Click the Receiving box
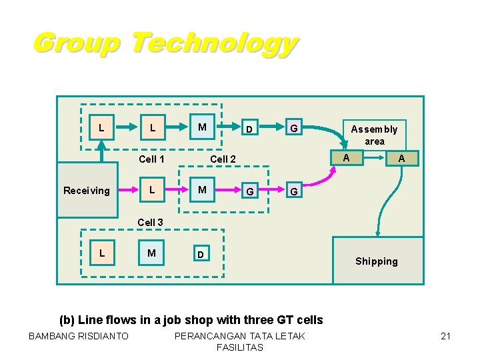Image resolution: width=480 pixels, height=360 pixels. (86, 191)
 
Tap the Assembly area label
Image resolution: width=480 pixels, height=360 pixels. (374, 135)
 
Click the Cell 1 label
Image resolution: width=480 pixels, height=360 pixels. (151, 159)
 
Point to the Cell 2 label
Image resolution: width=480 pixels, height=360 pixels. (223, 159)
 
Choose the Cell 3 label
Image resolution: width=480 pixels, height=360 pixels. (150, 222)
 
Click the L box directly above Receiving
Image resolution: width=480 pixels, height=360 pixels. (101, 127)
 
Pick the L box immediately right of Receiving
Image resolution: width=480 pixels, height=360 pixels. (152, 190)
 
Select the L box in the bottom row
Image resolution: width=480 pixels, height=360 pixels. (101, 253)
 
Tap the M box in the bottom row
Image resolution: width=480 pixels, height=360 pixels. (152, 253)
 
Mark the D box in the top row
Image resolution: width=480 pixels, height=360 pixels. (248, 128)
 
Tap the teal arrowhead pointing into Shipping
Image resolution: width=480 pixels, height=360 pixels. (378, 232)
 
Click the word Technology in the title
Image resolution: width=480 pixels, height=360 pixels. (213, 43)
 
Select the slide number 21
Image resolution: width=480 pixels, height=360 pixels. (446, 336)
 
